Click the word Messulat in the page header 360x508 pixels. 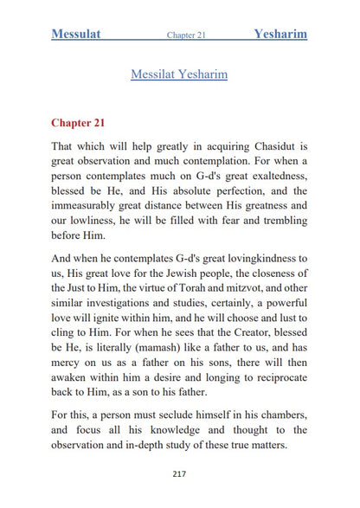pyautogui.click(x=76, y=35)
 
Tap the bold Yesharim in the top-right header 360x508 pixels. pyautogui.click(x=280, y=35)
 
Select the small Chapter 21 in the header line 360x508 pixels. pyautogui.click(x=186, y=35)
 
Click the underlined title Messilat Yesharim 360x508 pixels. pyautogui.click(x=179, y=74)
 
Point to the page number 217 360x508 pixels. pyautogui.click(x=179, y=473)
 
